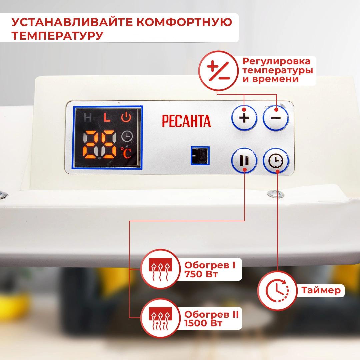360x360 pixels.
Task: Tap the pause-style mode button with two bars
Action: click(x=244, y=160)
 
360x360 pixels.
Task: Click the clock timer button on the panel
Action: click(x=276, y=160)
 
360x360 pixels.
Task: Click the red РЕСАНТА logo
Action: click(x=186, y=121)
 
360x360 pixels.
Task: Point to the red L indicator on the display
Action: click(x=107, y=117)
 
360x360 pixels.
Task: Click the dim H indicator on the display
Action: click(x=87, y=118)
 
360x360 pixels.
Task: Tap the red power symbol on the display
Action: click(x=126, y=117)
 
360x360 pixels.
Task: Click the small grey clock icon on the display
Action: click(x=127, y=136)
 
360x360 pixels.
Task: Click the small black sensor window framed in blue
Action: click(x=200, y=155)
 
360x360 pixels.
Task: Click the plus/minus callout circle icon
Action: click(x=218, y=70)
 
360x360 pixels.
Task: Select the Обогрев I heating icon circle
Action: click(x=160, y=269)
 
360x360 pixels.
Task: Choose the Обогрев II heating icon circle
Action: click(x=160, y=318)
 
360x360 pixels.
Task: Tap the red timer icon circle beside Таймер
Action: click(x=277, y=290)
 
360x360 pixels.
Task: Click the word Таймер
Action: click(x=321, y=290)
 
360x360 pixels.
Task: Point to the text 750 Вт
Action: click(x=201, y=274)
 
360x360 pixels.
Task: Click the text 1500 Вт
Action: click(x=203, y=323)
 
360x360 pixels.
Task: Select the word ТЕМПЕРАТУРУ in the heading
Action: click(x=57, y=36)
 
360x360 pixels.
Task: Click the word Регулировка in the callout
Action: click(x=276, y=61)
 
